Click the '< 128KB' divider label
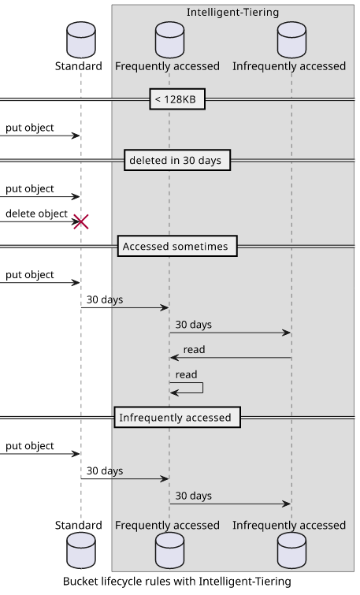[175, 99]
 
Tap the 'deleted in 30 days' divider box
[177, 160]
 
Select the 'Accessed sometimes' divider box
[177, 246]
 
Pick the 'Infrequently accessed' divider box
[177, 418]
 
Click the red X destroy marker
[81, 221]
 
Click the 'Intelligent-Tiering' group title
[232, 13]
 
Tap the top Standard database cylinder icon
[81, 40]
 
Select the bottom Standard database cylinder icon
[81, 550]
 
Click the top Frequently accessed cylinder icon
[169, 40]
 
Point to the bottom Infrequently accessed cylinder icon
[291, 550]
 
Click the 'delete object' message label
[36, 214]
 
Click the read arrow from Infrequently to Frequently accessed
[231, 358]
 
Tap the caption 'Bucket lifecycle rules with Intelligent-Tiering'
[177, 582]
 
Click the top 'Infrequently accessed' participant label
[289, 66]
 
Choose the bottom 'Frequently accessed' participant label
[167, 525]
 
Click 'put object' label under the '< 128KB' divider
[30, 128]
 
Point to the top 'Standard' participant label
[79, 66]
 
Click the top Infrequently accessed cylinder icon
[291, 40]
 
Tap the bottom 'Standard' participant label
[79, 525]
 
